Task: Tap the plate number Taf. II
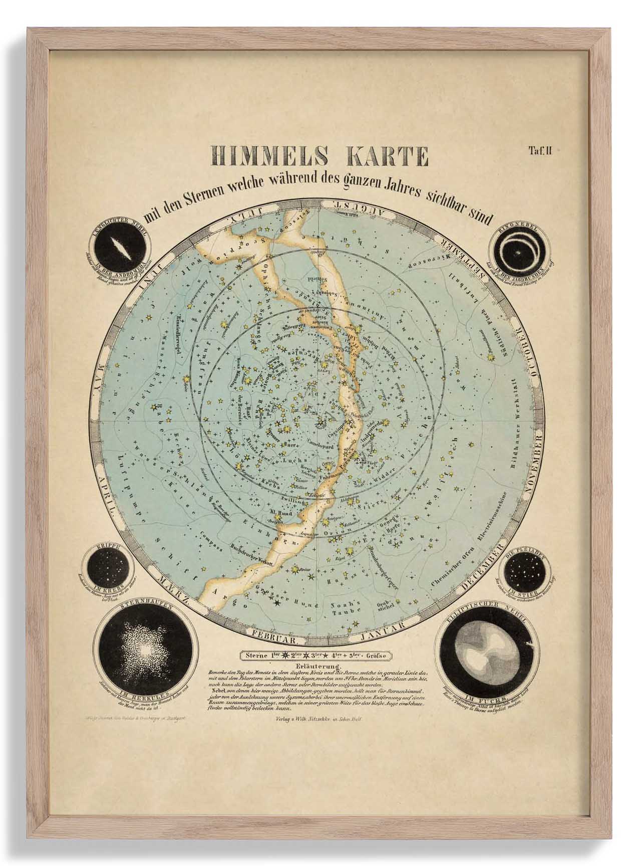click(539, 150)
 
